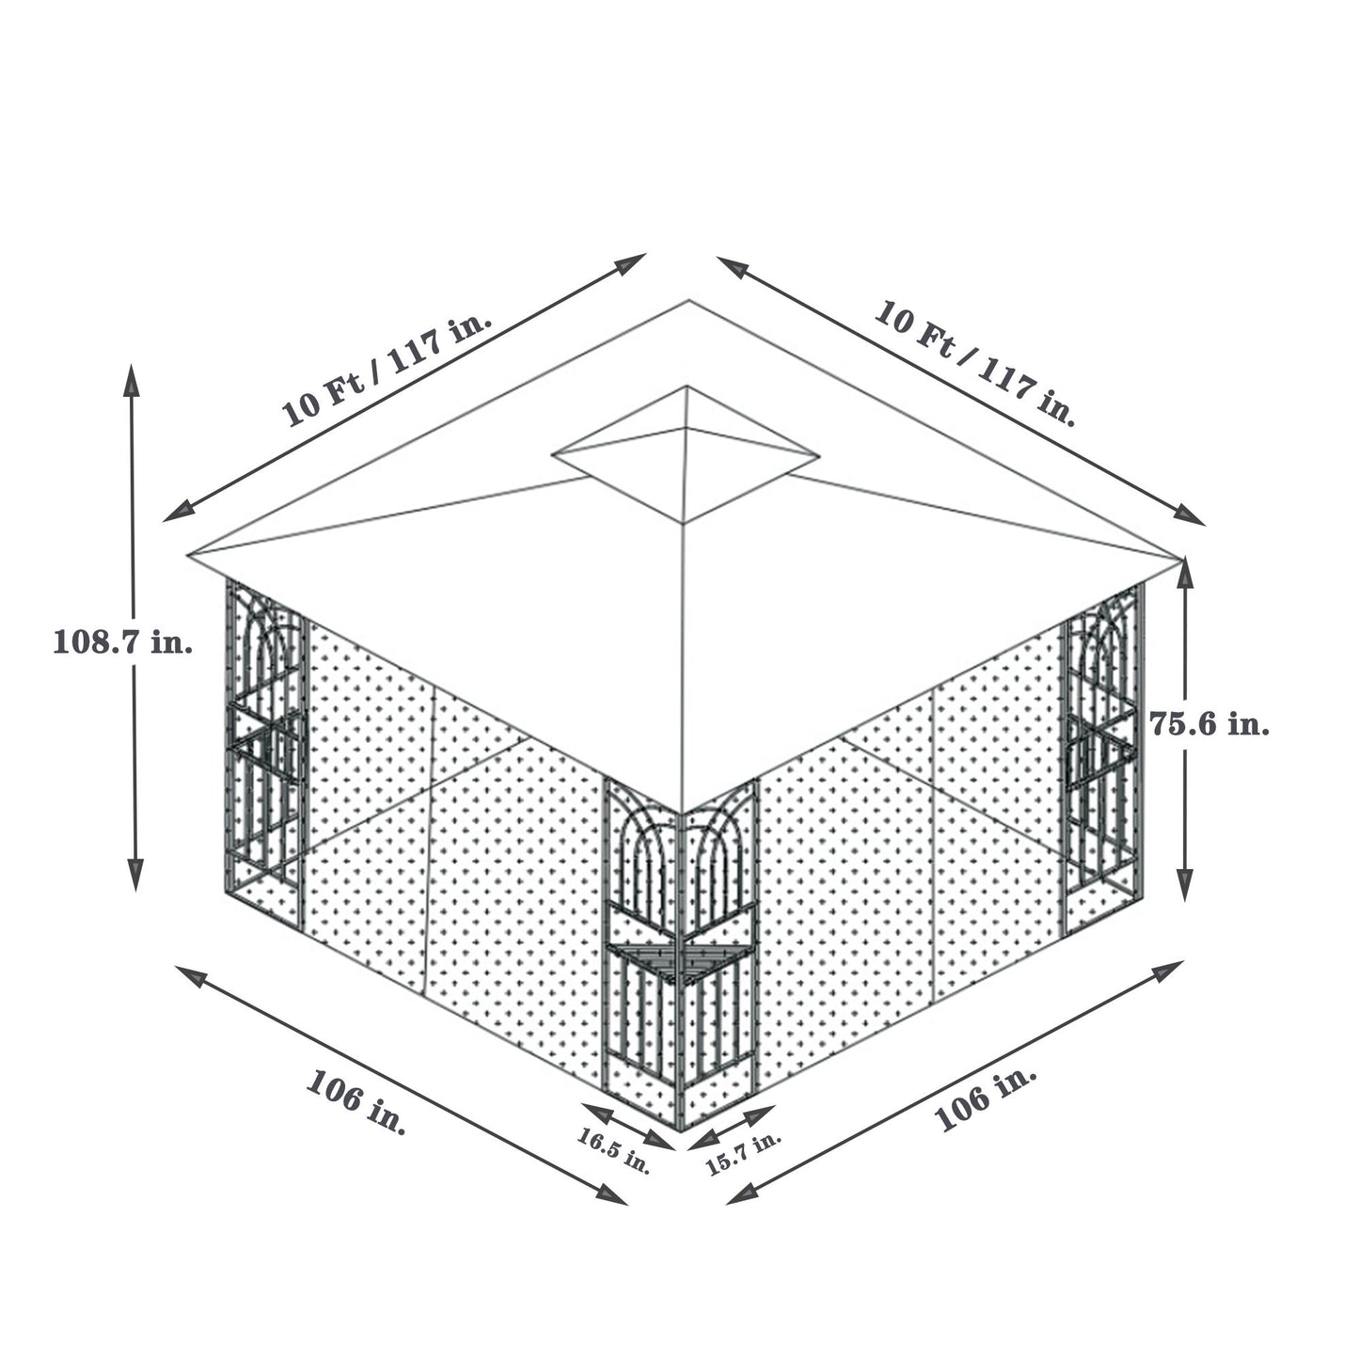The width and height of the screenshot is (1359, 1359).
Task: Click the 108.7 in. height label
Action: (123, 642)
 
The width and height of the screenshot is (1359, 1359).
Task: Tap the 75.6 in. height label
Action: (1210, 723)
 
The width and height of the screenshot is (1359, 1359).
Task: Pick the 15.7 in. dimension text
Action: (743, 1153)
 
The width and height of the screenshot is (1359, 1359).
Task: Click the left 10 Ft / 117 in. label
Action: (387, 368)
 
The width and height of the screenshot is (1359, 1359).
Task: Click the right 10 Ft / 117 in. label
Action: (974, 361)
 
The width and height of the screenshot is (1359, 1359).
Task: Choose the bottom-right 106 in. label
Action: (986, 1098)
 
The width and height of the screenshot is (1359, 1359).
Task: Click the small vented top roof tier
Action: (686, 456)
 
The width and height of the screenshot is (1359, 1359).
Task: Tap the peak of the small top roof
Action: (687, 387)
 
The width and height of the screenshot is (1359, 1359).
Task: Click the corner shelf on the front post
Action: (679, 957)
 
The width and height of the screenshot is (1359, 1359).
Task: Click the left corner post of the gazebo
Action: (265, 743)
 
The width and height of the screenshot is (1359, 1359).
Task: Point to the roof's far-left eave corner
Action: (189, 555)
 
